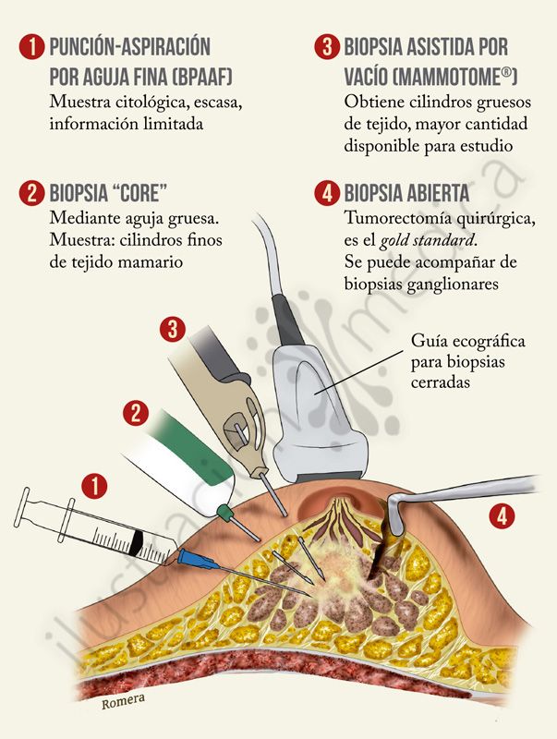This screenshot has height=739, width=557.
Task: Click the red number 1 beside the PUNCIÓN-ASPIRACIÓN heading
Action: (31, 48)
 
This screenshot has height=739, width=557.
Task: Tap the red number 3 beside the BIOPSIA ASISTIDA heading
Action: (327, 48)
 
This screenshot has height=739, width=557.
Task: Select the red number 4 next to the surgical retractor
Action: (502, 516)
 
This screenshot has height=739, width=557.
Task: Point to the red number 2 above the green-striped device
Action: (136, 413)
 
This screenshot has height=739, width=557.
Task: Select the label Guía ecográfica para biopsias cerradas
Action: (468, 361)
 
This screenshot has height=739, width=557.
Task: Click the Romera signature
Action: (124, 701)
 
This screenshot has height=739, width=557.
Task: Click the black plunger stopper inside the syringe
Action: (137, 541)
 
